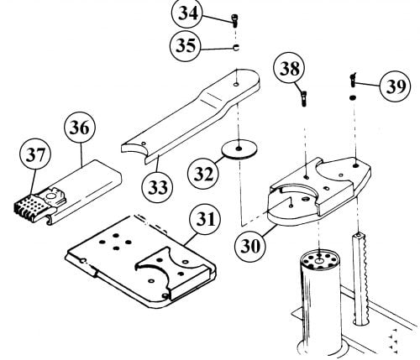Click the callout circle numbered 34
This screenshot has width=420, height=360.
[x=187, y=13]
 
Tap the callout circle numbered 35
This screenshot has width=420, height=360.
[x=186, y=45]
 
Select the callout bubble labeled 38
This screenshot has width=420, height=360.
[x=289, y=68]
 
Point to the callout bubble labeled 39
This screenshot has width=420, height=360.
[x=395, y=86]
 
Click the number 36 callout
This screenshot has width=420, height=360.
[x=80, y=128]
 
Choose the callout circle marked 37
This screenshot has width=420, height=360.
[x=35, y=154]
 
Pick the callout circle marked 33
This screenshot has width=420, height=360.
[x=157, y=187]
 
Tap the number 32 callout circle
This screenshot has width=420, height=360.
[x=203, y=174]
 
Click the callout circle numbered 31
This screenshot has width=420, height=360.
[x=205, y=219]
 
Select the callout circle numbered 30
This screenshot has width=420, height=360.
[x=250, y=247]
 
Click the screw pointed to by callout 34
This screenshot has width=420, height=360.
[x=234, y=21]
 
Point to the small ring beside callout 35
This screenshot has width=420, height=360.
[x=236, y=48]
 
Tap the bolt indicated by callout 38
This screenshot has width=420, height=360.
[x=304, y=98]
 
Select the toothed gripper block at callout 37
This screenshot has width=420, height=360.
[x=31, y=208]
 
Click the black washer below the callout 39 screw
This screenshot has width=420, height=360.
[x=353, y=97]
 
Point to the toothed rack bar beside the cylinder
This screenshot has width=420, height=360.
[x=360, y=279]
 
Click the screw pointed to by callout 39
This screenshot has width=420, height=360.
[x=353, y=80]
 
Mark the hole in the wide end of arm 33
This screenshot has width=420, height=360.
[x=236, y=84]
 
